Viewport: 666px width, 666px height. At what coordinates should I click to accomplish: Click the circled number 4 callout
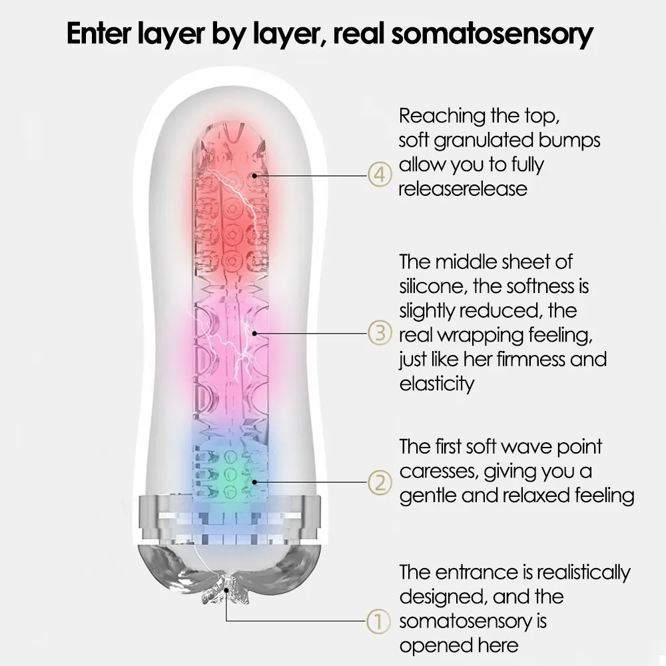click(378, 176)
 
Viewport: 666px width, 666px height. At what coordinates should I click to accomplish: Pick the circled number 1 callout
click(378, 622)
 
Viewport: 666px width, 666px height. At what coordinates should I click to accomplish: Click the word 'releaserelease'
click(463, 188)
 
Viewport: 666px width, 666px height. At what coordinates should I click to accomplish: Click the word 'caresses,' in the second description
click(437, 472)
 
